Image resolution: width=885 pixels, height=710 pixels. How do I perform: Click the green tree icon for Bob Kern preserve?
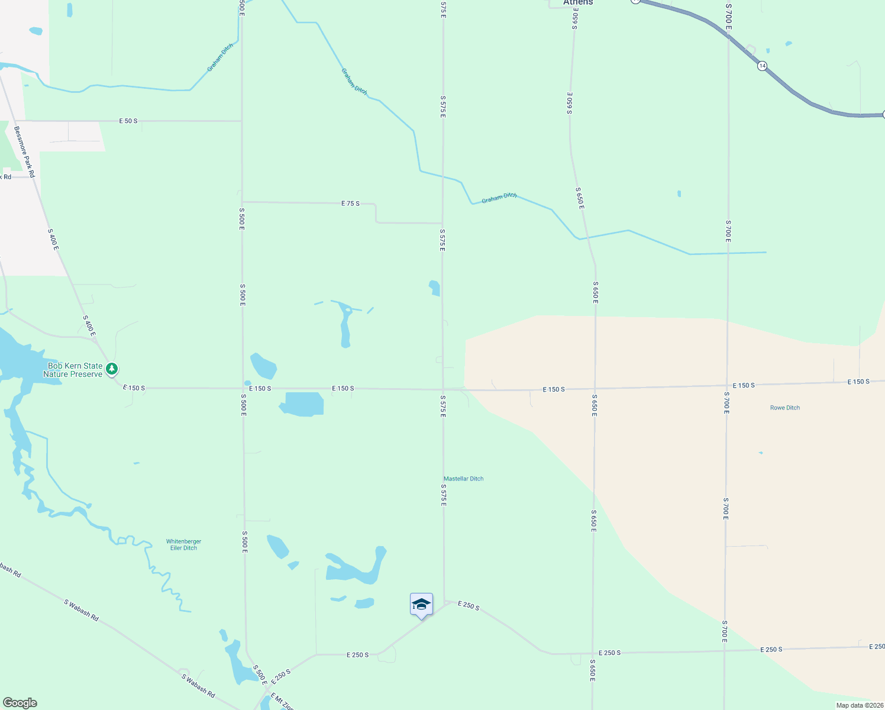coord(112,369)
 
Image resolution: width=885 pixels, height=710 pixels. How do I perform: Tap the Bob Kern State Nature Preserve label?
coord(73,370)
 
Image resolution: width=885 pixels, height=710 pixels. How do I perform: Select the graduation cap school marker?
coord(421,605)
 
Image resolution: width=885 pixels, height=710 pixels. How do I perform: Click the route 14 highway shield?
coord(762,66)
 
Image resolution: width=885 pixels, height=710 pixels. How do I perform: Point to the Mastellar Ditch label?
coord(463,479)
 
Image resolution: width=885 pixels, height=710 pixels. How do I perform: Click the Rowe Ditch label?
coord(784,408)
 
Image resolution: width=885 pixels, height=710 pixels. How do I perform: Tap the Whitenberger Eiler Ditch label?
coord(183,544)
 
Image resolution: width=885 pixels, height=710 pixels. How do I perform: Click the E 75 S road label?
coord(350,203)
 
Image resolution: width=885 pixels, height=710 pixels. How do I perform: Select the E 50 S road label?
coord(128,121)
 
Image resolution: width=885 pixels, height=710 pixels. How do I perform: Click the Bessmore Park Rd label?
coord(25,151)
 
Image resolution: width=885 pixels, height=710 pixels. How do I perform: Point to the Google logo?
coord(20,703)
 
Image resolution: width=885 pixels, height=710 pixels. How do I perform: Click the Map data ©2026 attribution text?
coord(859,705)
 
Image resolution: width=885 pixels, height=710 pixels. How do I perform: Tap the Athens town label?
coord(577,3)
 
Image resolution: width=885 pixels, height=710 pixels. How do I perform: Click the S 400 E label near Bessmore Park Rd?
coord(53,239)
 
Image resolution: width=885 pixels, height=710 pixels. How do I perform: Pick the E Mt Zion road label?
coord(282,702)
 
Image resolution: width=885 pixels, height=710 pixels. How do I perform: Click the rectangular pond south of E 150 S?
coord(302,404)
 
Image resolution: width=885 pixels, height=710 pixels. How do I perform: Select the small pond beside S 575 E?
coord(435,288)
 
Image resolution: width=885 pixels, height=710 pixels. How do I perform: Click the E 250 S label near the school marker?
coord(469,606)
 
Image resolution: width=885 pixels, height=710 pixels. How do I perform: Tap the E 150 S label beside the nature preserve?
coord(134,388)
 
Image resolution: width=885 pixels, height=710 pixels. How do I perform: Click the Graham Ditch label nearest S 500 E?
coord(220,57)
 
